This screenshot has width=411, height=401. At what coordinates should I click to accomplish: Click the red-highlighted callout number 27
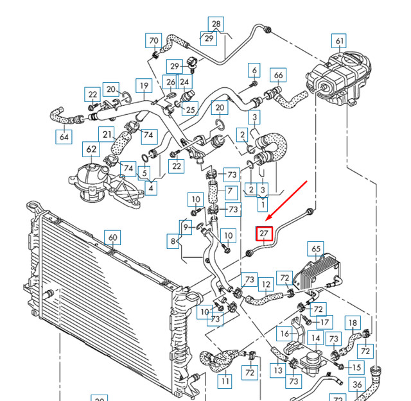pos(265,234)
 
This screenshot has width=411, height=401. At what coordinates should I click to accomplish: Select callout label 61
pos(339,42)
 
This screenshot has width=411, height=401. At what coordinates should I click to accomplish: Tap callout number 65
pos(315,248)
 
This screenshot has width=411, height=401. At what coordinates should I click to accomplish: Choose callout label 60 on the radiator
pos(112,238)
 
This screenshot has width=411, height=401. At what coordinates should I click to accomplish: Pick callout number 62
pos(92,150)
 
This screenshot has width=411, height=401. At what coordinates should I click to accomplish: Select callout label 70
pos(153,41)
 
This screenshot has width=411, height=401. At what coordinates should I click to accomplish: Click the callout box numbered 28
pos(216,24)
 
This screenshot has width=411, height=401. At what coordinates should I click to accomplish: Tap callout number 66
pos(278,75)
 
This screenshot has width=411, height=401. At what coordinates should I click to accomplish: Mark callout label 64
pos(65,136)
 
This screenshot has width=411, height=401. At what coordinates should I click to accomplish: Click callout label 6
pos(254,70)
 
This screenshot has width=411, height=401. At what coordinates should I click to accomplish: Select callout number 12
pos(265,282)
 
